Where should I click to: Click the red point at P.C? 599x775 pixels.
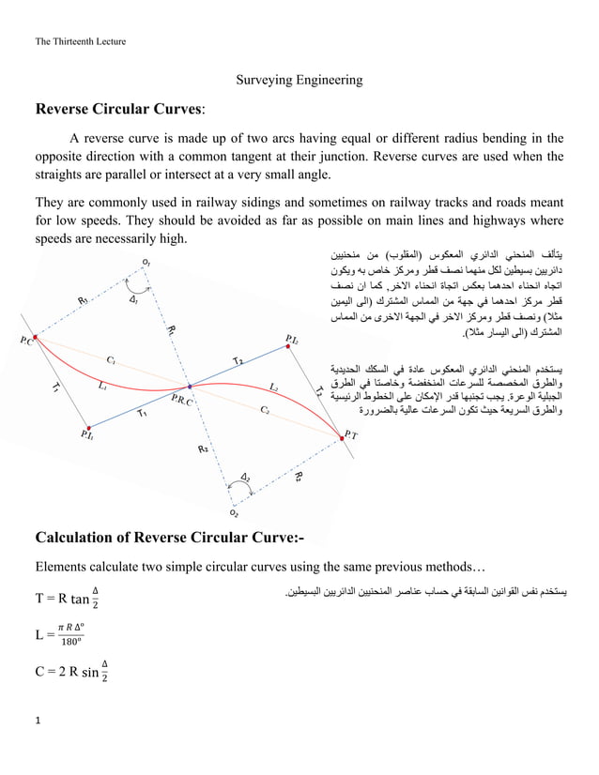pos(35,336)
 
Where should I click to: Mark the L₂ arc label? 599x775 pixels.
pos(273,387)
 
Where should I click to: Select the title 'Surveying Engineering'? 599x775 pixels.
pos(299,81)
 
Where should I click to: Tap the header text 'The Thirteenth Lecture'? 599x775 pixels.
pos(80,41)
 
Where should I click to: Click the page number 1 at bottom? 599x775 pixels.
pos(38,721)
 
